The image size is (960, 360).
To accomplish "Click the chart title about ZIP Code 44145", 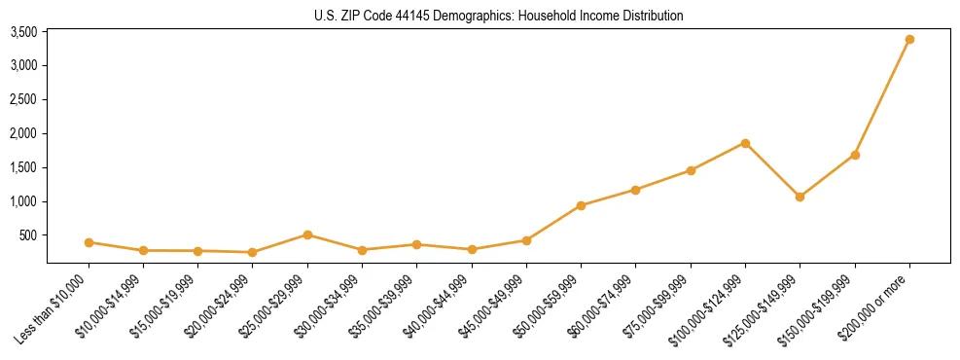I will (498, 16).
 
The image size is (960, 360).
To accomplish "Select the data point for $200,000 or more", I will (909, 40).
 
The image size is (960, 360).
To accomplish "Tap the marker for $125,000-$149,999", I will (800, 197).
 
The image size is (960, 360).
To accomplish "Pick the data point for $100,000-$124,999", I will (745, 143).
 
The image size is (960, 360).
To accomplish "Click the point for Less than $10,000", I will (89, 242).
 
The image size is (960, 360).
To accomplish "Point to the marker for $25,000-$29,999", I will (307, 234).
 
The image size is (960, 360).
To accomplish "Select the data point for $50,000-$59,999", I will (581, 205).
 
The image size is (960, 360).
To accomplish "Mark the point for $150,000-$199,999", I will (855, 155).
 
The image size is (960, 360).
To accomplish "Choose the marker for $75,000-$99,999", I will (691, 170).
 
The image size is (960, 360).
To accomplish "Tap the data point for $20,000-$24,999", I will (253, 252).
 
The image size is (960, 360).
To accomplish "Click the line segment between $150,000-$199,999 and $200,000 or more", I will (882, 97).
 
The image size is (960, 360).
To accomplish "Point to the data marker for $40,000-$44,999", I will (472, 249).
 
